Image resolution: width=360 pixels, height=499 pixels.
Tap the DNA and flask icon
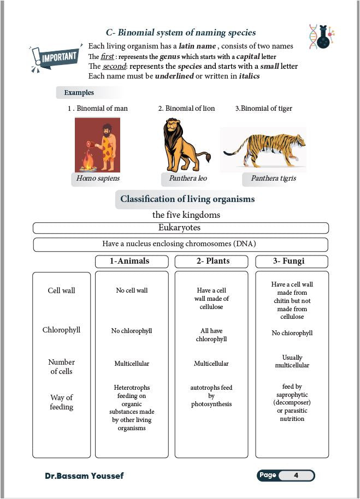coord(321,36)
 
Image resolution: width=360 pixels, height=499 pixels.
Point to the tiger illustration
coord(264,149)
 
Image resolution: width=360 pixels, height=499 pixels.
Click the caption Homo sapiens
coord(98,179)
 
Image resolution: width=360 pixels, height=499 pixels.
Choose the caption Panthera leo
coord(188,179)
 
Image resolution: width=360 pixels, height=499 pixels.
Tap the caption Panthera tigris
coord(273,179)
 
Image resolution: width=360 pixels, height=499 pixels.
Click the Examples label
coord(79,93)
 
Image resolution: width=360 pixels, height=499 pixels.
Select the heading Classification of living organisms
coord(187,199)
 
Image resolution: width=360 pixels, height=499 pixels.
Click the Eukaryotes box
coord(180,228)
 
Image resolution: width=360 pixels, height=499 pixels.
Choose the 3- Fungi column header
coord(292,261)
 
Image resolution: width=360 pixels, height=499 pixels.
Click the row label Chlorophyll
coord(61,330)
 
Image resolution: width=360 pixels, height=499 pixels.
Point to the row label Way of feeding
coord(61,402)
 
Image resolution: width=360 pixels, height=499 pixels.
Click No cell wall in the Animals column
coord(132,290)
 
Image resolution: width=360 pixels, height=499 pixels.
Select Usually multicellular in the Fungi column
coord(292,361)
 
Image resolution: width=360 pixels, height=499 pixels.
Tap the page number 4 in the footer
coord(296,476)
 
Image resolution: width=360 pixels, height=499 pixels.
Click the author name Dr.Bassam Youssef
coord(84,476)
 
